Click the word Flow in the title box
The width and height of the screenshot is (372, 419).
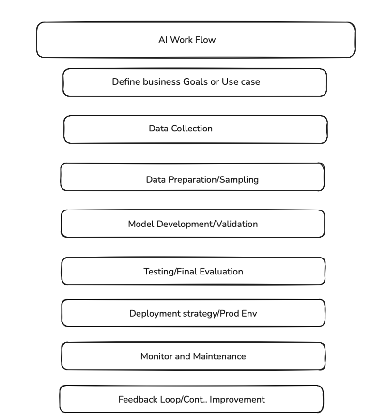tap(205, 40)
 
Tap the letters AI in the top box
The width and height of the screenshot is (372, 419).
tap(163, 40)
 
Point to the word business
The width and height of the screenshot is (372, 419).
tap(162, 81)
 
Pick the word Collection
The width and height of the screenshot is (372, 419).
tap(192, 128)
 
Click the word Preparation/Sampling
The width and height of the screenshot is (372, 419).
tap(214, 180)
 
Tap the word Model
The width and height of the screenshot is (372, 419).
tap(141, 224)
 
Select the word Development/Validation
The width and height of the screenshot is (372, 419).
tap(207, 224)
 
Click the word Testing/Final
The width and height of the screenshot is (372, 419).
tap(170, 272)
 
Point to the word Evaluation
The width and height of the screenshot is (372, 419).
tap(221, 272)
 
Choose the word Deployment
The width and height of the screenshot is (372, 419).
tap(155, 314)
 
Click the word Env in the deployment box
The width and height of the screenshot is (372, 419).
tap(249, 313)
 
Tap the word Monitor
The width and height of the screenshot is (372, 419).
tap(156, 356)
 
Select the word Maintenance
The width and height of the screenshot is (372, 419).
tap(219, 356)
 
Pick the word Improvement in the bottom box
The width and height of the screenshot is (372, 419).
tap(237, 400)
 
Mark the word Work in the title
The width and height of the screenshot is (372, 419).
tap(181, 40)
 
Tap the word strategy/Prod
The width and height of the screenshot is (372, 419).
tap(211, 314)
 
